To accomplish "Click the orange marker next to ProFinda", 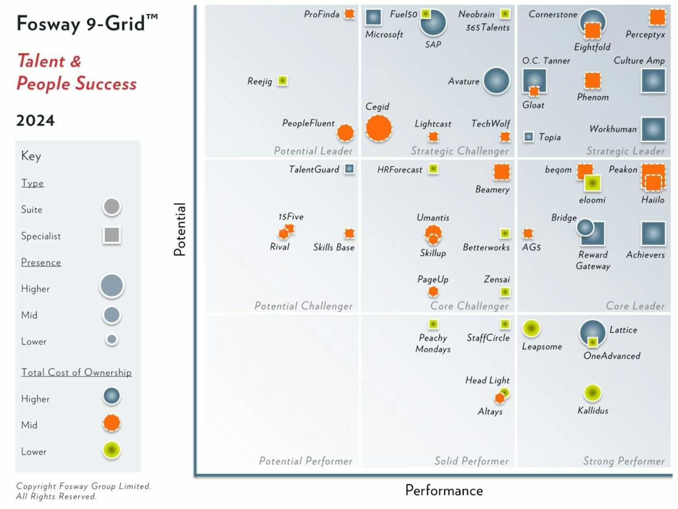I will [349, 14].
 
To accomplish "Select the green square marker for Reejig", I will [282, 81].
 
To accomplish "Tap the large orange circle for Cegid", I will [379, 128].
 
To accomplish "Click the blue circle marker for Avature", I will [496, 81].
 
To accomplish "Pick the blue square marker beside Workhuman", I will [653, 129].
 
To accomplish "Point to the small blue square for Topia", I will [528, 137].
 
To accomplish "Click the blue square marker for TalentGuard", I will [349, 169].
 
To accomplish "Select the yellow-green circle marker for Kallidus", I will [592, 393].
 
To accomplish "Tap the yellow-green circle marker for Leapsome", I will [531, 328].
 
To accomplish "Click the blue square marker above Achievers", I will [653, 234].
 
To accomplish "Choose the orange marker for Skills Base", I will [349, 233].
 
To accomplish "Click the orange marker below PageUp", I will [433, 291].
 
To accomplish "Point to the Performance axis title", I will [444, 490].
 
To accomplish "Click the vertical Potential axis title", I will [179, 229].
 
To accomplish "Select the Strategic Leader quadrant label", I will [625, 151].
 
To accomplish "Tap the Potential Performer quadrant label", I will [306, 461].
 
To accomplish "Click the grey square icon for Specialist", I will [112, 235].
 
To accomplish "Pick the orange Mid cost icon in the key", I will [112, 423].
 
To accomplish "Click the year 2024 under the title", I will [36, 120].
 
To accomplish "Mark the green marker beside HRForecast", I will [433, 169].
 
